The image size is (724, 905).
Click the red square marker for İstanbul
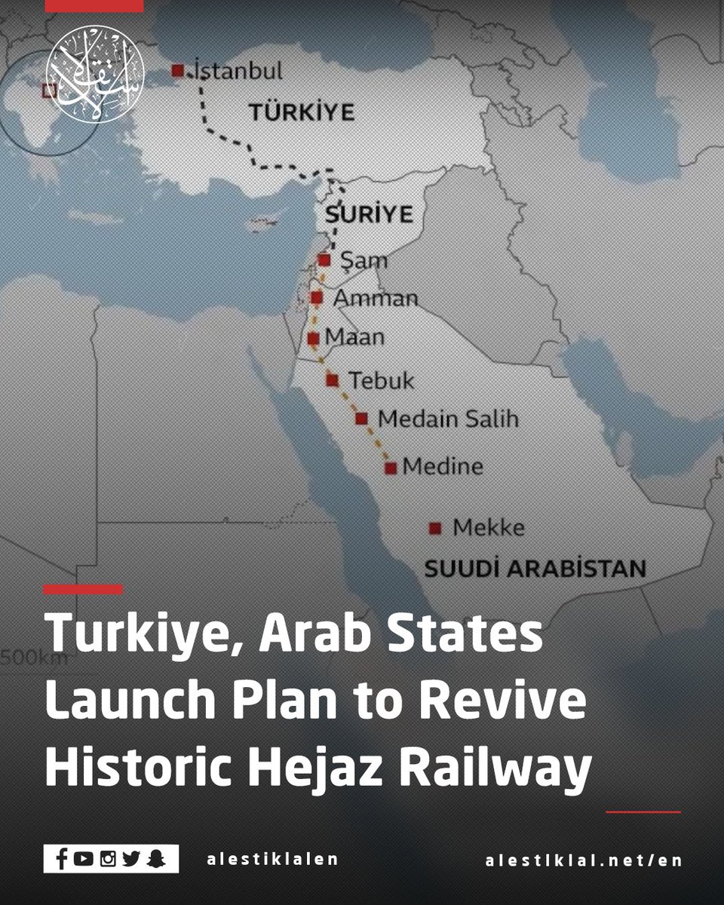point(178,71)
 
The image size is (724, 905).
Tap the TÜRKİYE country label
point(302,113)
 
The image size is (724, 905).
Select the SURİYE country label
point(370,215)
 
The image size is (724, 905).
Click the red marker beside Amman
point(317,298)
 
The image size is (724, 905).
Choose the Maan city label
point(354,337)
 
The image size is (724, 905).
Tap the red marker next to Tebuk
point(332,380)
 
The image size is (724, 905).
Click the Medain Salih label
point(448,419)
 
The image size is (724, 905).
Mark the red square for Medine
point(391,468)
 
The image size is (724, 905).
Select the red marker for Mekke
point(434,529)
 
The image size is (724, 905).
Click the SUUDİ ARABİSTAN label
point(535,568)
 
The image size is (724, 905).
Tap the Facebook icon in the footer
point(62,859)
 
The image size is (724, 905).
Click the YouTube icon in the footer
point(84,859)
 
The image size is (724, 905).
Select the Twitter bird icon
point(132,859)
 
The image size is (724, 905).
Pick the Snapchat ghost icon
point(156,859)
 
